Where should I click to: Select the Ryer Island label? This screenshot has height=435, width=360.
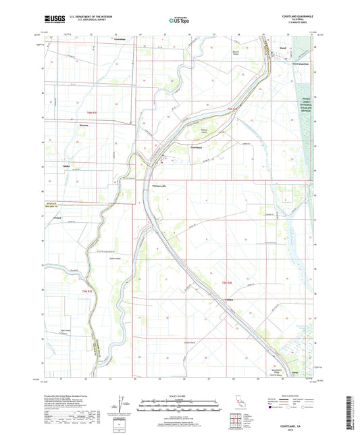[x=66, y=331]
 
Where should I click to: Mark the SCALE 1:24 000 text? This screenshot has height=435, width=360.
[x=180, y=396]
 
